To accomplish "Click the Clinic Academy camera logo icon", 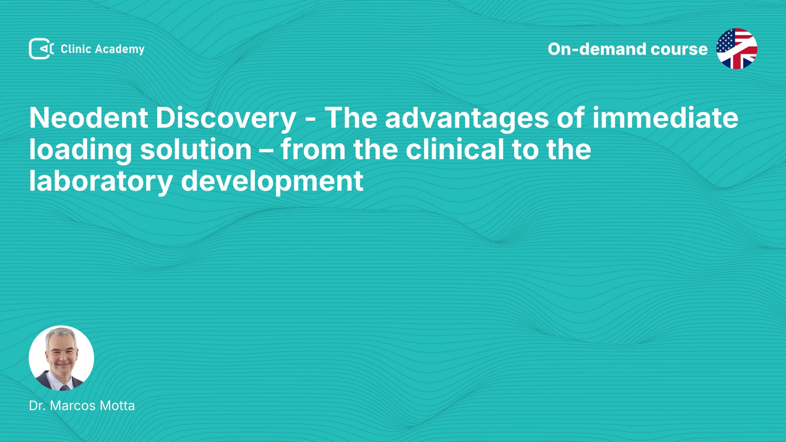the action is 41,49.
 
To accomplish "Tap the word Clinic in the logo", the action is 76,49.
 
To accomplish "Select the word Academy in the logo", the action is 120,50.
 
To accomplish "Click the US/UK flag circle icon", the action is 736,49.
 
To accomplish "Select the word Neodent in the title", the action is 88,118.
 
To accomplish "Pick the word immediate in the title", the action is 665,118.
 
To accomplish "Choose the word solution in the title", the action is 196,149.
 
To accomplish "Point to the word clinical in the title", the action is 455,149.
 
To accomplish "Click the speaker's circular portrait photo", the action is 61,358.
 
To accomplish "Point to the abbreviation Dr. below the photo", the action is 37,406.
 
